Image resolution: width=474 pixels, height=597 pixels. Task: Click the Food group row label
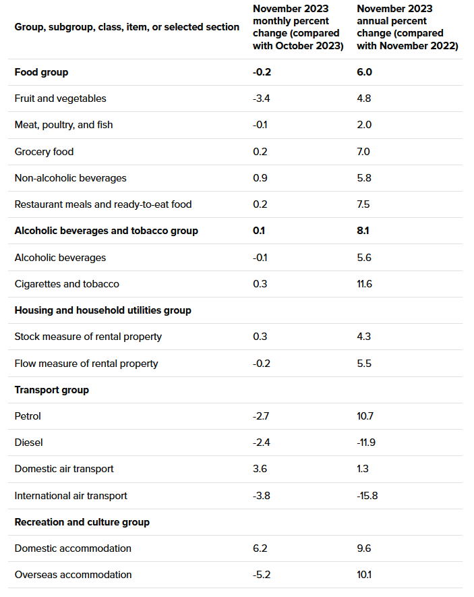pos(41,72)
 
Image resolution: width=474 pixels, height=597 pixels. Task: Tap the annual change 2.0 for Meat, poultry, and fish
pos(364,125)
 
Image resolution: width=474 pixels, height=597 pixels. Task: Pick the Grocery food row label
pos(44,152)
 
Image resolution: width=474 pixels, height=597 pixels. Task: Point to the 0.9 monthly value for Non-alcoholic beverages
pos(260,178)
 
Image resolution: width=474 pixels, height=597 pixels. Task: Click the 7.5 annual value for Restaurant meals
pos(364,204)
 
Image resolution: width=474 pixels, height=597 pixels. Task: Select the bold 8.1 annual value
pos(363,231)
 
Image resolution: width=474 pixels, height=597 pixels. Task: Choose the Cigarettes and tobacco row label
pos(67,284)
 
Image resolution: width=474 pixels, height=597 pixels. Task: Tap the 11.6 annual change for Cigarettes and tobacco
pos(364,284)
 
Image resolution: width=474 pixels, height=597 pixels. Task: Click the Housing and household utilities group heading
pos(102,310)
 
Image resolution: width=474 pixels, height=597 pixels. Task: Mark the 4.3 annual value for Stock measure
pos(364,337)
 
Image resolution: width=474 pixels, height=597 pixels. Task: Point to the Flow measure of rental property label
pos(86,364)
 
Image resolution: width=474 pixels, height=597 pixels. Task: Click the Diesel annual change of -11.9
pos(366,443)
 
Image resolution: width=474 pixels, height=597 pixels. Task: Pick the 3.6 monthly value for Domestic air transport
pos(260,469)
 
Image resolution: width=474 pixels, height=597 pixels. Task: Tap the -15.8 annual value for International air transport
pos(367,496)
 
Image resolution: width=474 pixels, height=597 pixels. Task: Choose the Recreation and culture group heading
pos(82,522)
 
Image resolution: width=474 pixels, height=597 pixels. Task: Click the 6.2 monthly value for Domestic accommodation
pos(260,548)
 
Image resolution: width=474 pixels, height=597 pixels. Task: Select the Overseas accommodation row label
pos(73,575)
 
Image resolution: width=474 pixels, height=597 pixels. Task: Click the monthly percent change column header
pos(298,27)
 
